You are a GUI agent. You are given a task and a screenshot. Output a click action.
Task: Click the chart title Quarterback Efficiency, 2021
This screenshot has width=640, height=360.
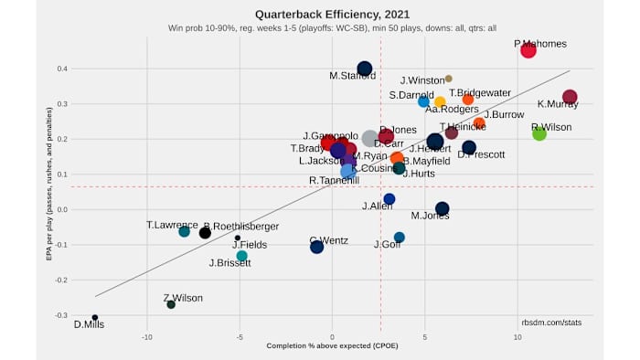tap(319, 15)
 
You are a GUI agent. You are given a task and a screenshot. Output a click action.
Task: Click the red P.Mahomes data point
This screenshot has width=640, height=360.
tap(528, 50)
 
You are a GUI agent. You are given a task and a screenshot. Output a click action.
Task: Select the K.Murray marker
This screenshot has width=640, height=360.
tap(570, 97)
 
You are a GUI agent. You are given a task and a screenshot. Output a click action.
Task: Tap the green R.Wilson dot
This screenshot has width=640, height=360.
tap(539, 133)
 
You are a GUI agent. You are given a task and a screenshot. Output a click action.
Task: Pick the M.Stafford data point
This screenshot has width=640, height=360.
tap(364, 69)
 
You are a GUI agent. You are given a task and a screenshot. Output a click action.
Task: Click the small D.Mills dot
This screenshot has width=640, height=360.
tap(95, 318)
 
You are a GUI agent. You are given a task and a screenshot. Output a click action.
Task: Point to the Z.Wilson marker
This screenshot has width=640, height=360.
tap(171, 304)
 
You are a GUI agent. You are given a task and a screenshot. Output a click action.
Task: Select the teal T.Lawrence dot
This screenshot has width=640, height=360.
tap(184, 232)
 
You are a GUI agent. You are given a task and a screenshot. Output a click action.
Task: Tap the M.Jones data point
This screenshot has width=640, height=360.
tap(443, 208)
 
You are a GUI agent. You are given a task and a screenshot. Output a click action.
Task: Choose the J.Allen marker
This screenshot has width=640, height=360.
tap(389, 199)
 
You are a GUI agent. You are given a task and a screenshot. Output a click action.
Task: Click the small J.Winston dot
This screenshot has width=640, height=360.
tap(448, 79)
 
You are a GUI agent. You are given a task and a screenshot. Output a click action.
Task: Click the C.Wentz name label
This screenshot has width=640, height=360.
tap(328, 240)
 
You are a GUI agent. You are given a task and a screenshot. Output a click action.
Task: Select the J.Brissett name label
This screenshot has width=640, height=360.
tap(229, 263)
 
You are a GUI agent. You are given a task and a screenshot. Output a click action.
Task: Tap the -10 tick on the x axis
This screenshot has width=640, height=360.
tap(146, 336)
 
